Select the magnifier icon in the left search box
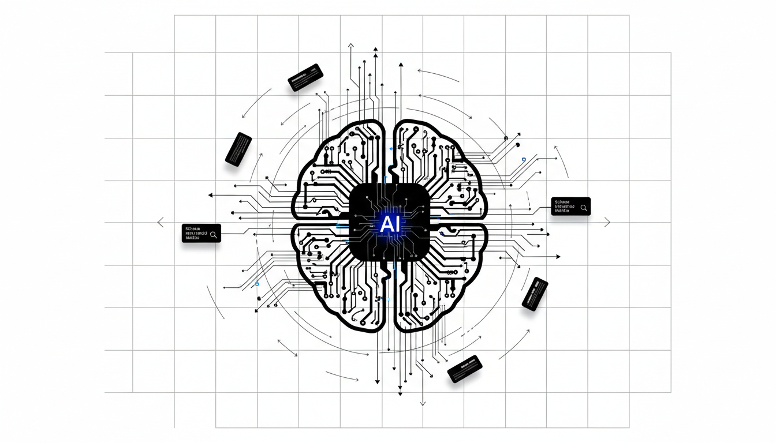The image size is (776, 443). pos(214,234)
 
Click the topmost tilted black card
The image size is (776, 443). pos(305,77)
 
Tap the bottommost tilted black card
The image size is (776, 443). pos(465,369)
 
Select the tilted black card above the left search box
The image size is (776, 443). pos(238,149)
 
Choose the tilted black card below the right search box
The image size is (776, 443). pos(535,294)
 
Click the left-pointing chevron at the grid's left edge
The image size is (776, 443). pos(161,222)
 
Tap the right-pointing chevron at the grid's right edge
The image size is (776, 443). pos(607,222)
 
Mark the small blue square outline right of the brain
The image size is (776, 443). pos(523,159)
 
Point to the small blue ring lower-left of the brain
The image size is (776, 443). pos(257,284)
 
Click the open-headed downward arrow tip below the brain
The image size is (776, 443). pos(423,403)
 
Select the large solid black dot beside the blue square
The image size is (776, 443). pos(518,144)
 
